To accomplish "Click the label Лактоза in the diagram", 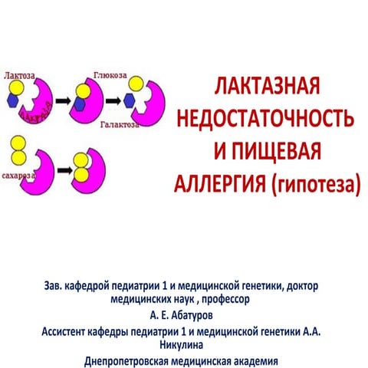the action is point(19,76).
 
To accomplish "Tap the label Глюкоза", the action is point(110,75).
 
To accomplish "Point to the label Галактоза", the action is point(120,125).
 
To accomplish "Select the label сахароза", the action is point(18,176).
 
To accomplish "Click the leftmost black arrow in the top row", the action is point(63,101).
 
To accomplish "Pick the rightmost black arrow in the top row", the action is point(113,101).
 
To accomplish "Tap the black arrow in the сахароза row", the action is point(65,170).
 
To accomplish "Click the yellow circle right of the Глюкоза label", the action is point(136,84).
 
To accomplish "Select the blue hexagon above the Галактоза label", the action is point(130,100).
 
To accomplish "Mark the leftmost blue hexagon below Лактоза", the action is point(12,100).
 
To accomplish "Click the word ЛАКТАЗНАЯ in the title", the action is point(267,86).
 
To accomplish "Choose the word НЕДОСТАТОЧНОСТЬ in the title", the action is point(265,118).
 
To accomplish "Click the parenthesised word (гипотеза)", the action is point(316,184).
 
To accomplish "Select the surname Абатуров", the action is point(192,315).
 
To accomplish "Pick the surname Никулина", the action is point(182,345).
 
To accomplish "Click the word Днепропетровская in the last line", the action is point(127,362).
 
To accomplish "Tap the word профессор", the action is point(225,299).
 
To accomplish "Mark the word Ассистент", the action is point(63,332).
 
